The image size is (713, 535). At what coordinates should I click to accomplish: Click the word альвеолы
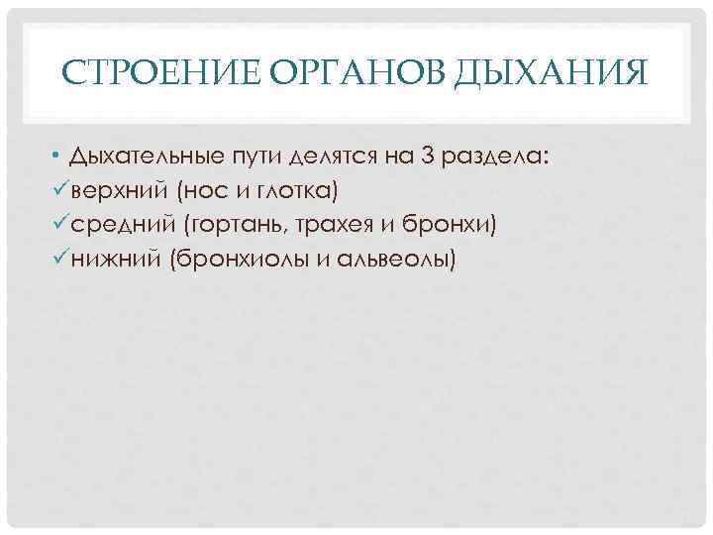(390, 260)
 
